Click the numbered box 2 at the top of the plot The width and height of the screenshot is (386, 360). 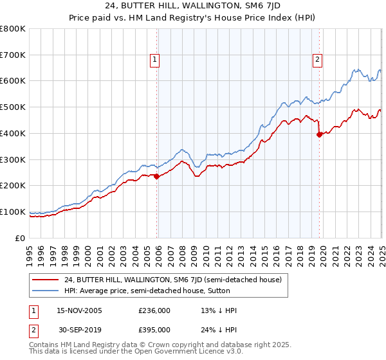[x=318, y=60]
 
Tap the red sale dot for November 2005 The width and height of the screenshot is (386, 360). [x=156, y=176]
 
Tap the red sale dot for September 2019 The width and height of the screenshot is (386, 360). [x=319, y=134]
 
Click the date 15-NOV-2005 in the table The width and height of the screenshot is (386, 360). [x=79, y=310]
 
